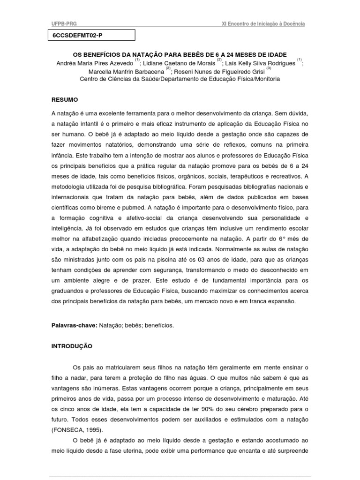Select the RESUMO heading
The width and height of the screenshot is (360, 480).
click(x=65, y=100)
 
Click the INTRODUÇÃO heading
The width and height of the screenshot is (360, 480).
click(x=72, y=346)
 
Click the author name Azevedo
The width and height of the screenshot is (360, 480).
click(x=120, y=63)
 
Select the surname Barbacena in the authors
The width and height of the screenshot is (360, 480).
click(x=148, y=71)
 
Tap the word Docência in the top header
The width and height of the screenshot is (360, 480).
click(x=295, y=24)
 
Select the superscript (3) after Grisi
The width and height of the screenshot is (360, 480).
click(x=269, y=68)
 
